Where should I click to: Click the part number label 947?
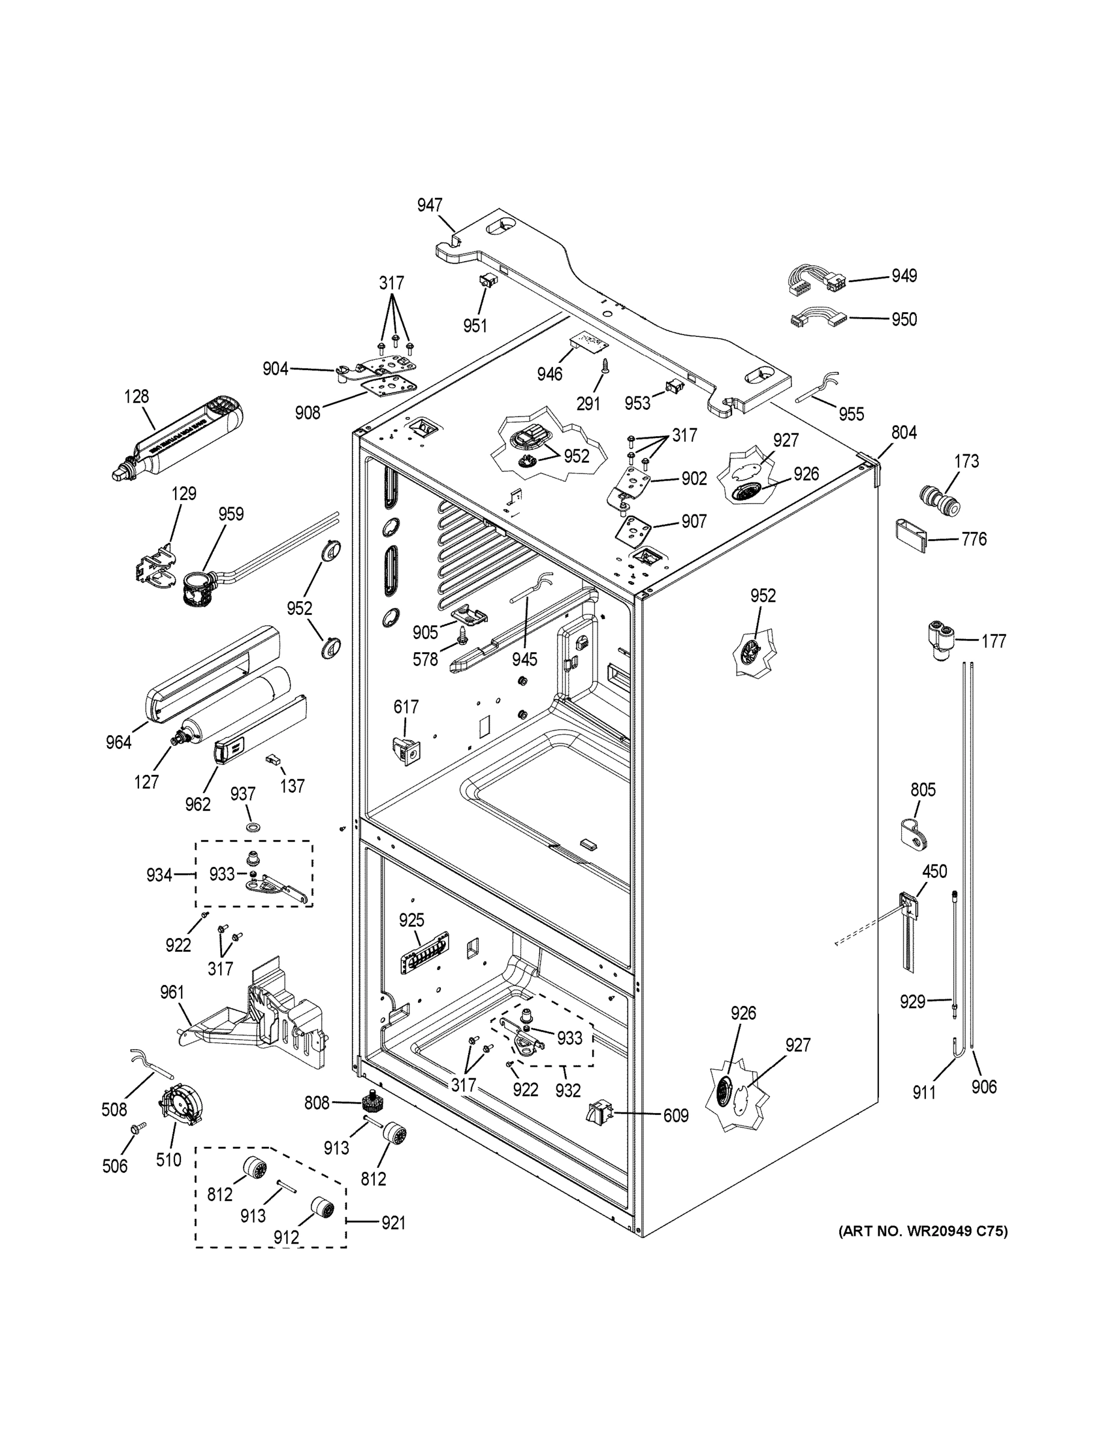pyautogui.click(x=429, y=206)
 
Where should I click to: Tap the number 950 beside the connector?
pyautogui.click(x=904, y=319)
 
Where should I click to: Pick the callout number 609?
pyautogui.click(x=675, y=1115)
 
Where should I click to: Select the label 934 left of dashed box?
pyautogui.click(x=159, y=875)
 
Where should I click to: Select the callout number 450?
pyautogui.click(x=934, y=871)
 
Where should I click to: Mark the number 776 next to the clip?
pyautogui.click(x=974, y=540)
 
